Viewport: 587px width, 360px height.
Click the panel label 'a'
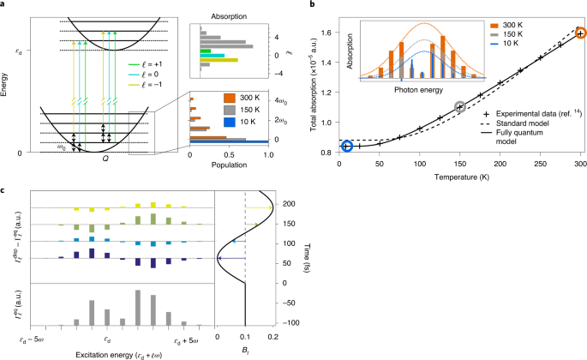click(4, 5)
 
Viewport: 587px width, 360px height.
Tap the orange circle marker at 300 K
click(580, 33)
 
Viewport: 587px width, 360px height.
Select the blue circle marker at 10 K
click(347, 146)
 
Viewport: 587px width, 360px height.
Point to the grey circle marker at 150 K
click(460, 107)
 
